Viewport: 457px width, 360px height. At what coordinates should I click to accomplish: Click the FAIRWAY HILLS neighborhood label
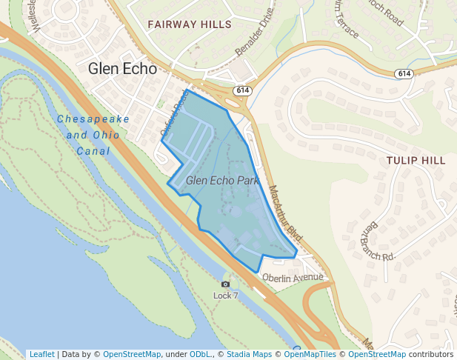(190, 24)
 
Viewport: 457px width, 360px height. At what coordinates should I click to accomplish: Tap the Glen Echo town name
(122, 69)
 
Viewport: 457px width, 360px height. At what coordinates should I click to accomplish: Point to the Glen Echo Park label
(222, 180)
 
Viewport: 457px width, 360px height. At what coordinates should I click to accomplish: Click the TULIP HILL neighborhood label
(416, 160)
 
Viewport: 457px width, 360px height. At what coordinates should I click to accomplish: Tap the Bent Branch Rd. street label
(378, 241)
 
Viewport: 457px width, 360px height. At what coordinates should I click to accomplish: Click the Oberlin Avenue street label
(293, 278)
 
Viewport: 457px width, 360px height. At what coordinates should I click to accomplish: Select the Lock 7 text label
(226, 296)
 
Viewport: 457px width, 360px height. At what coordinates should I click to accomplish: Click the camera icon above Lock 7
(226, 284)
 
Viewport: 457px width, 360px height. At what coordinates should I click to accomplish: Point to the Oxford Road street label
(175, 112)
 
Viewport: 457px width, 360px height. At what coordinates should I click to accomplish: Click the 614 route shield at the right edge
(404, 73)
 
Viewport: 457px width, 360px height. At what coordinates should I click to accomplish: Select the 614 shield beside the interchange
(241, 90)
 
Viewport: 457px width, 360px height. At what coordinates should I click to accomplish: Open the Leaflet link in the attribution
(41, 354)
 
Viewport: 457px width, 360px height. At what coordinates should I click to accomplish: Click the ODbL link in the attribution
(199, 354)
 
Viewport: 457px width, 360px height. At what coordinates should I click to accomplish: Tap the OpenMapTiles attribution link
(310, 354)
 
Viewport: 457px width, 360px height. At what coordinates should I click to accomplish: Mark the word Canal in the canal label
(93, 151)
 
